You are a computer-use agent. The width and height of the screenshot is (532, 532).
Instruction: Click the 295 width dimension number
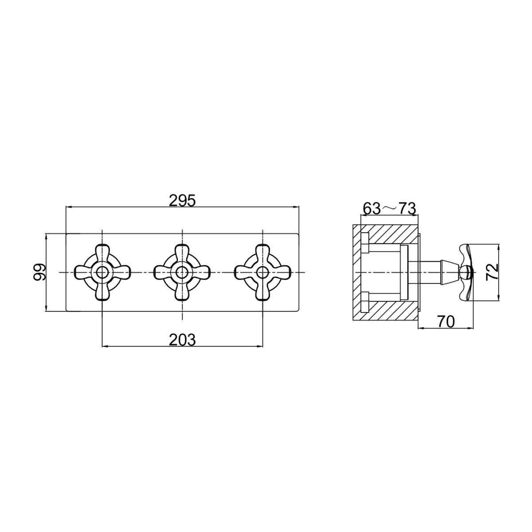point(182,201)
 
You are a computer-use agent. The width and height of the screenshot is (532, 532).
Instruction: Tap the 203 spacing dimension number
point(182,340)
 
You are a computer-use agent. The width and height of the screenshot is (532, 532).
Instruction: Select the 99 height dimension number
point(39,273)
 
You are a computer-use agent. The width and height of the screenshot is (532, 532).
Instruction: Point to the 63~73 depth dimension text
point(389,209)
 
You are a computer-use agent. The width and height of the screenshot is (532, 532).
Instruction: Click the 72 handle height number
point(492,272)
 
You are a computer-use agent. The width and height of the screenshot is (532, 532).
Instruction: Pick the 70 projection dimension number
point(446,321)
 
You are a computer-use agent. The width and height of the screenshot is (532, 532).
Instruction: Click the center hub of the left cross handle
point(102,273)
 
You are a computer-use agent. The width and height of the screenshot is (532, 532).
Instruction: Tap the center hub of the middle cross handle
point(182,273)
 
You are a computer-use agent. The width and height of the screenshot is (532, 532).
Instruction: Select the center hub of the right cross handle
point(262,273)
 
